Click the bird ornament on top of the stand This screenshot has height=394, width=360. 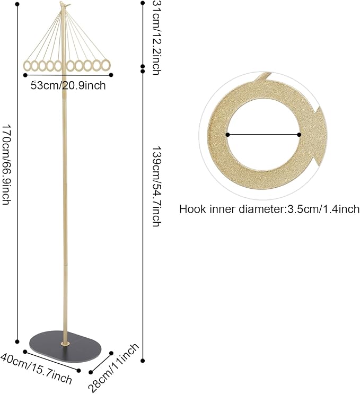[x=65, y=4]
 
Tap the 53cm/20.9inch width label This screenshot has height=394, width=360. [x=68, y=86]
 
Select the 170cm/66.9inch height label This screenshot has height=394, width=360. [x=6, y=164]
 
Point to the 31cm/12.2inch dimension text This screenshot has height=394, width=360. [x=156, y=38]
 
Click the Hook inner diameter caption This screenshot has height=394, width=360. [x=269, y=209]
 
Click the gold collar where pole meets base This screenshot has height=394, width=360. [x=65, y=344]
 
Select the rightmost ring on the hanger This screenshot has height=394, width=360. [x=106, y=65]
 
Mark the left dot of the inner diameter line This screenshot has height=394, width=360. [x=227, y=135]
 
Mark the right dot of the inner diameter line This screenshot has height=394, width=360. [x=299, y=135]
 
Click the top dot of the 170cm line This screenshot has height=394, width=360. [x=17, y=5]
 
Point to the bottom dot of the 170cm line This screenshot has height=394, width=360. [x=17, y=342]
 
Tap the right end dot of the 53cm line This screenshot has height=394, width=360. [x=111, y=75]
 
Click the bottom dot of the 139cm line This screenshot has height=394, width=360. [x=143, y=361]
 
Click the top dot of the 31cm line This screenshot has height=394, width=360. [x=143, y=3]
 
